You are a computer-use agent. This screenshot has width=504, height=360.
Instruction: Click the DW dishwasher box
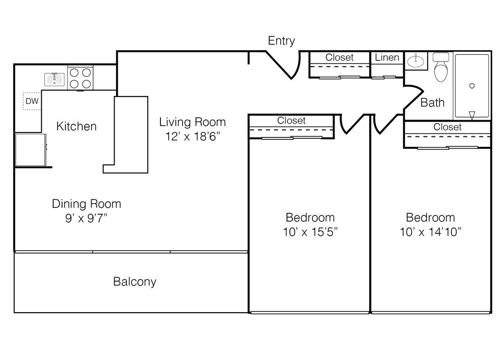[x=32, y=101]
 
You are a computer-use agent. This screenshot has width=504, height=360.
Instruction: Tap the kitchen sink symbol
[x=54, y=79]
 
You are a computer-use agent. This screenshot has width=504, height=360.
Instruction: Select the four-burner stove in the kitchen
[x=80, y=78]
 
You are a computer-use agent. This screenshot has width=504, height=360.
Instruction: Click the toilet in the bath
[x=441, y=68]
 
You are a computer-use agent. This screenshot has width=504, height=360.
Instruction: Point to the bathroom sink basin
[x=416, y=61]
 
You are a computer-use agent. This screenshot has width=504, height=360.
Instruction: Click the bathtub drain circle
[x=472, y=86]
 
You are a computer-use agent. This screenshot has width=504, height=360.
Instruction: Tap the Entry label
[x=281, y=41]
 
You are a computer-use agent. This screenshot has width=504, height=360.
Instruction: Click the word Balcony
[x=134, y=282]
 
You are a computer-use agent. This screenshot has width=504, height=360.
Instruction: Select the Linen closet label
[x=387, y=58]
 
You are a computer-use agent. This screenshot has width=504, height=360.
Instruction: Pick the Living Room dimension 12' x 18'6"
[x=192, y=136]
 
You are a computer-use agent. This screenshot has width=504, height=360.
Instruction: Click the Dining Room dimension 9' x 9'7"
[x=86, y=218]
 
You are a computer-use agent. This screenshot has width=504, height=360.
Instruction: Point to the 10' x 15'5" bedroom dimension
[x=310, y=231]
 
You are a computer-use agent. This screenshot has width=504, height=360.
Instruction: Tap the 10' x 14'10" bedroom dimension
[x=430, y=231]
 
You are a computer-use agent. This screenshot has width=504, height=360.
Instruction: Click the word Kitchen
[x=76, y=127]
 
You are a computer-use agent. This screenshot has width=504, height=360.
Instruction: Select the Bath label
[x=432, y=103]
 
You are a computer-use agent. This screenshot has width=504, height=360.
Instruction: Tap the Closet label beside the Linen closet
[x=339, y=58]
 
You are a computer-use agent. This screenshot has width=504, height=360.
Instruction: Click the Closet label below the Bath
[x=447, y=127]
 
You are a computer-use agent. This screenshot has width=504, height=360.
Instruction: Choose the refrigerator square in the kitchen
[x=30, y=150]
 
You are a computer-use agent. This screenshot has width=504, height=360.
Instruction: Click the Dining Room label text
[x=86, y=204]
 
